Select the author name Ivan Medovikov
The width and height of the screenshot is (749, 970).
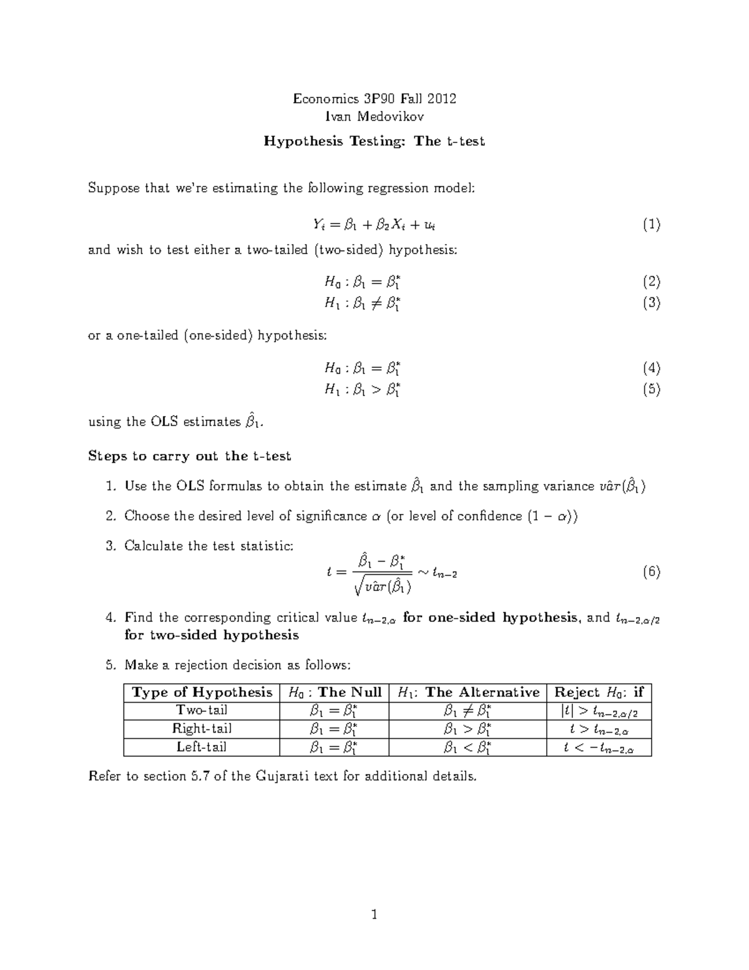tap(374, 117)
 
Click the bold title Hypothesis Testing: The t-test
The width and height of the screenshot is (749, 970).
tap(374, 141)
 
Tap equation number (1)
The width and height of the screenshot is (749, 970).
tap(652, 225)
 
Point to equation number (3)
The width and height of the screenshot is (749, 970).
tap(652, 303)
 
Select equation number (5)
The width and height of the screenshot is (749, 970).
tap(652, 389)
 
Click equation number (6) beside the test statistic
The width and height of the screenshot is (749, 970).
tap(652, 572)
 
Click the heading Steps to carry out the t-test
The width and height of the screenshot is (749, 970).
tap(190, 456)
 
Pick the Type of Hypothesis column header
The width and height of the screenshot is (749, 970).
tap(202, 692)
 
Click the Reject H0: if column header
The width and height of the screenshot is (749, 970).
tap(599, 692)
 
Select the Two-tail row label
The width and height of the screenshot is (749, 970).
tap(202, 710)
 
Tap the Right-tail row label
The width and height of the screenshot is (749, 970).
tap(202, 728)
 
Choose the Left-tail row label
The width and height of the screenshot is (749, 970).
tap(202, 746)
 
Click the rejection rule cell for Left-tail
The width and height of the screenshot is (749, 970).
tap(599, 748)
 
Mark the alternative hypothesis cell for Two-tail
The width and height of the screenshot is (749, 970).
tap(468, 711)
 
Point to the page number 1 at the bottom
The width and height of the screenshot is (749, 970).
tap(374, 916)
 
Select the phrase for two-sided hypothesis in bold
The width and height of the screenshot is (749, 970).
tap(212, 635)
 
